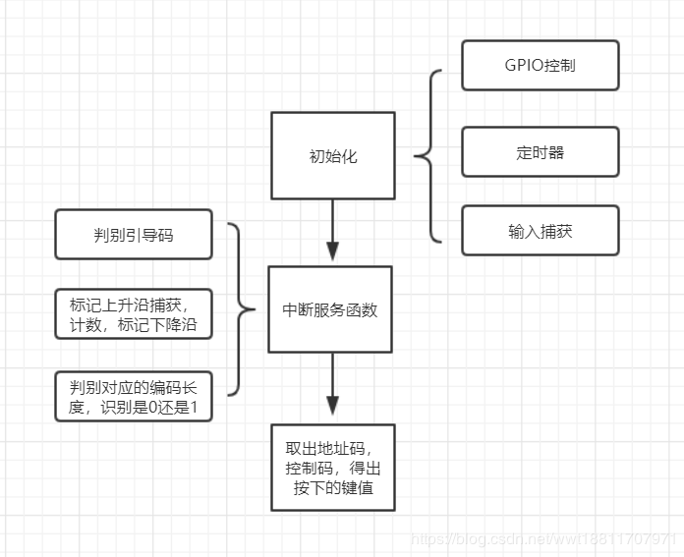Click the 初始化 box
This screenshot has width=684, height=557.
[x=332, y=155]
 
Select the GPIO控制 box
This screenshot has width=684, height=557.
[x=540, y=66]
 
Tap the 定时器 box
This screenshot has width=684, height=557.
[x=540, y=152]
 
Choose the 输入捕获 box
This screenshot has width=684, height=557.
[x=540, y=231]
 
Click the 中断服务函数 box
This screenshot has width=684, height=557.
[x=330, y=309]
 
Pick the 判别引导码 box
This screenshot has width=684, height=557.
[x=134, y=235]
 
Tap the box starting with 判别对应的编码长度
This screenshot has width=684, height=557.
[x=134, y=397]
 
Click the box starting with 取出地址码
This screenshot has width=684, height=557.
[x=332, y=468]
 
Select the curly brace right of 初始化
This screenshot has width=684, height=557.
[x=428, y=155]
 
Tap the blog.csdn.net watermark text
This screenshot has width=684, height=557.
[x=544, y=539]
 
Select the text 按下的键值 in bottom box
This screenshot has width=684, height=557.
[x=332, y=488]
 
